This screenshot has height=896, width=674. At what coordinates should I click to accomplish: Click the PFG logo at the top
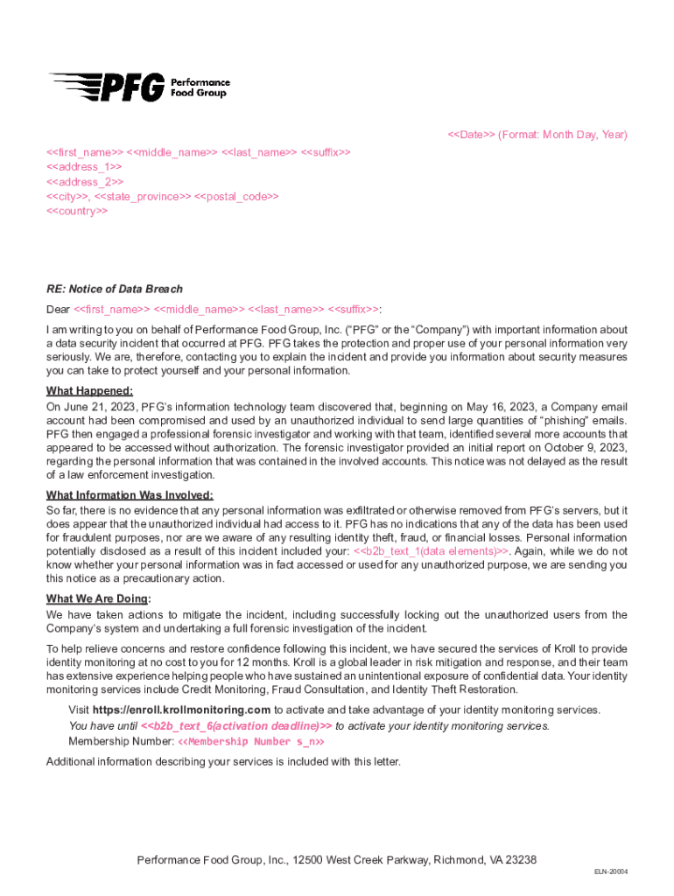138,86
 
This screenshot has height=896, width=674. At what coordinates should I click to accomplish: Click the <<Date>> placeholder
472,135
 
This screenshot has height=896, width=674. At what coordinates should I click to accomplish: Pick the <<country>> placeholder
77,211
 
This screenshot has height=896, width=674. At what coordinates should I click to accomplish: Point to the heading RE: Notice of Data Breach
115,289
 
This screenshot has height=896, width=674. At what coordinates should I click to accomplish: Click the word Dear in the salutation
58,309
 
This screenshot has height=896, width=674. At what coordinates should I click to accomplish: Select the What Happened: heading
89,391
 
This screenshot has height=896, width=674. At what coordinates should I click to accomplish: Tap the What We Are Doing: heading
98,599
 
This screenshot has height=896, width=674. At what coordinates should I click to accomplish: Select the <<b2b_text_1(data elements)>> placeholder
432,550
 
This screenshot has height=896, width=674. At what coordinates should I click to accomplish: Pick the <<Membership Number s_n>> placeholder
251,741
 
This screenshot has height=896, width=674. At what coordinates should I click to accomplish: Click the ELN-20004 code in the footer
611,871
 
